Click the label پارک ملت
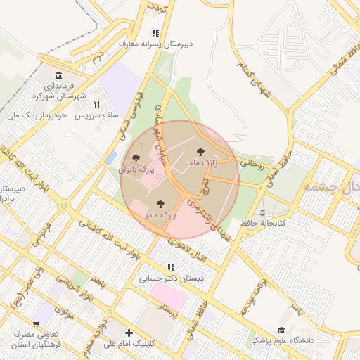pyautogui.click(x=202, y=162)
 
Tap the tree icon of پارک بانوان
pyautogui.click(x=136, y=159)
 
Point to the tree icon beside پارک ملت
pyautogui.click(x=201, y=152)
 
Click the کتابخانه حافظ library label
pyautogui.click(x=263, y=222)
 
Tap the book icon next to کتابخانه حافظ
pyautogui.click(x=263, y=212)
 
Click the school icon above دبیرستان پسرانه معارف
pyautogui.click(x=155, y=33)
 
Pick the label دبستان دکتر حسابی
pyautogui.click(x=170, y=278)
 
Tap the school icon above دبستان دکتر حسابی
pyautogui.click(x=170, y=267)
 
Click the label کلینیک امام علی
pyautogui.click(x=129, y=344)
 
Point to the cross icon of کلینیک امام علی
pyautogui.click(x=129, y=333)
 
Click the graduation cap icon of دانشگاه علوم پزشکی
pyautogui.click(x=281, y=330)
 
